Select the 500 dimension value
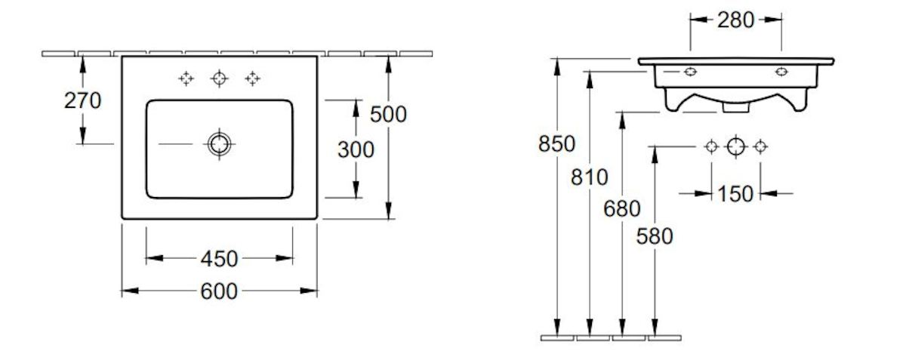pos(389,114)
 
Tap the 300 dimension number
pos(355,149)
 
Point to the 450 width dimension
pos(219,259)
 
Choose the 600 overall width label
pos(219,291)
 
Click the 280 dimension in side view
pos(735,20)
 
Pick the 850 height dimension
pos(556,143)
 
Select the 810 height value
pos(590,178)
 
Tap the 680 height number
pos(622,208)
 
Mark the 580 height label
pos(654,236)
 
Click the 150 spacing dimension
pos(736,194)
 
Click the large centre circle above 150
pos(736,146)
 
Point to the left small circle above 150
pos(711,146)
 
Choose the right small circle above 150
pos(761,146)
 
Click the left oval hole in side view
pos(690,72)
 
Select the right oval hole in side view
pos(781,72)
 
